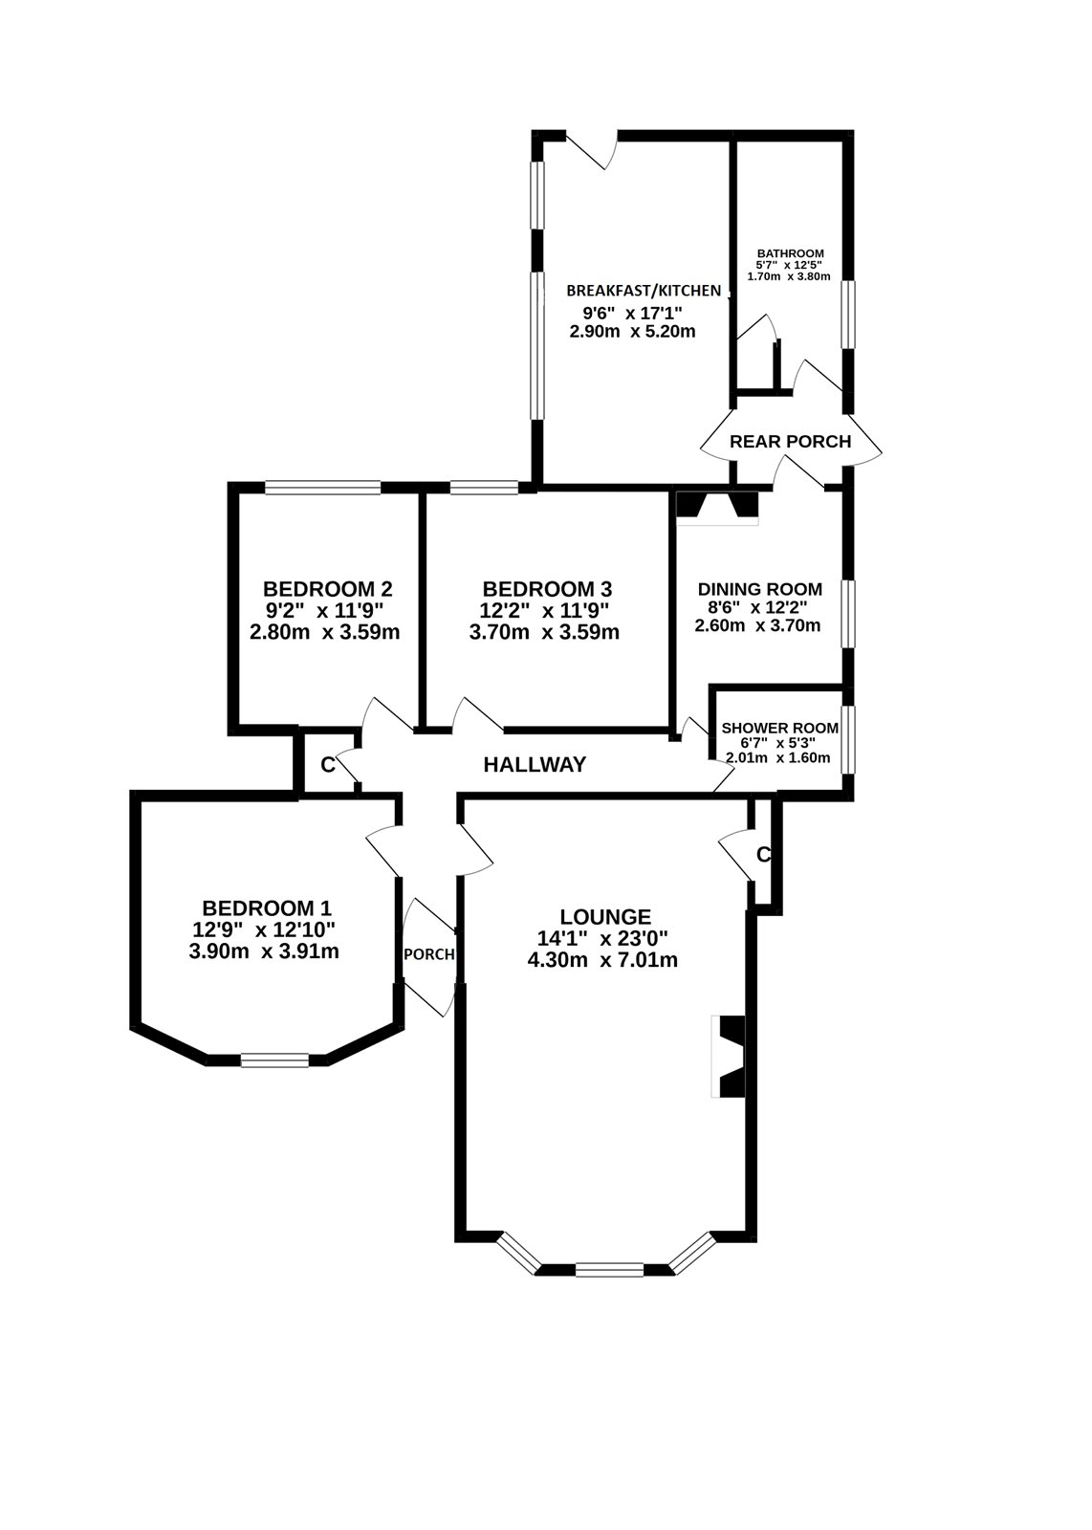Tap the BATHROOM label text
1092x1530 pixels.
coord(790,253)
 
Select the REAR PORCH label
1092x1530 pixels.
coord(790,442)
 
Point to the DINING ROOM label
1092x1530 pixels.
coord(759,589)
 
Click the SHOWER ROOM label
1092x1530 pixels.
coord(780,728)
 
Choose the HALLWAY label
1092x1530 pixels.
coord(535,764)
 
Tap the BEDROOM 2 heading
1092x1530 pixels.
coord(327,589)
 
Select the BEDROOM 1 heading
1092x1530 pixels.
coord(267,907)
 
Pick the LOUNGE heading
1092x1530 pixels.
coord(605,917)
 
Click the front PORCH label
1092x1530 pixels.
coord(428,954)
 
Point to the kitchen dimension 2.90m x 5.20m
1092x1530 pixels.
coord(632,333)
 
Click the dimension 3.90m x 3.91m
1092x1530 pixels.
coord(265,951)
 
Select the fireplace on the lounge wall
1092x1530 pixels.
coord(730,1056)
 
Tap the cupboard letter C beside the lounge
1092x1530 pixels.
coord(763,855)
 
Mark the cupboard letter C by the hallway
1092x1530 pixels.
coord(327,765)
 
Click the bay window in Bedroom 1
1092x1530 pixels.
coord(274,1060)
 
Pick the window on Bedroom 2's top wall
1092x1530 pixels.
coord(323,488)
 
